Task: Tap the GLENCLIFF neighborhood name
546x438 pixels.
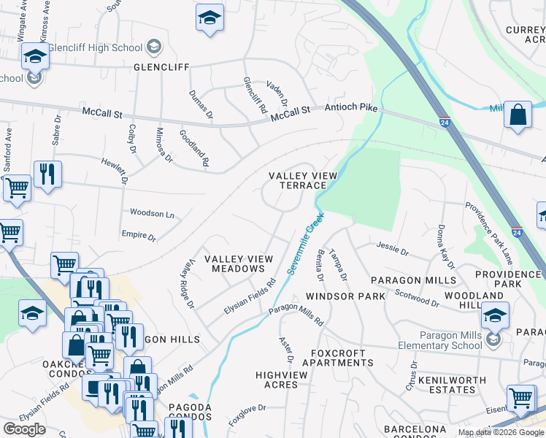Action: click(161, 67)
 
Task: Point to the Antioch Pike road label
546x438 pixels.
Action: click(346, 107)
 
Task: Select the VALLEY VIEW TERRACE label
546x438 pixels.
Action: click(303, 180)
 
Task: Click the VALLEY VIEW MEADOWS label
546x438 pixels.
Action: click(238, 264)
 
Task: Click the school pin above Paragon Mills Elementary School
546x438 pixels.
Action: click(495, 315)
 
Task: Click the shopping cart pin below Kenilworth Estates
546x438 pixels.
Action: click(520, 398)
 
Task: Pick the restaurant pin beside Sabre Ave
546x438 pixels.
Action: click(47, 174)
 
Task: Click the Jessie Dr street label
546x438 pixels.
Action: click(393, 249)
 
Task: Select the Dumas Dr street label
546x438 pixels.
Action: click(201, 104)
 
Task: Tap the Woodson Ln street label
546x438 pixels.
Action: click(152, 214)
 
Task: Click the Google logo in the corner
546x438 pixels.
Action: click(25, 429)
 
